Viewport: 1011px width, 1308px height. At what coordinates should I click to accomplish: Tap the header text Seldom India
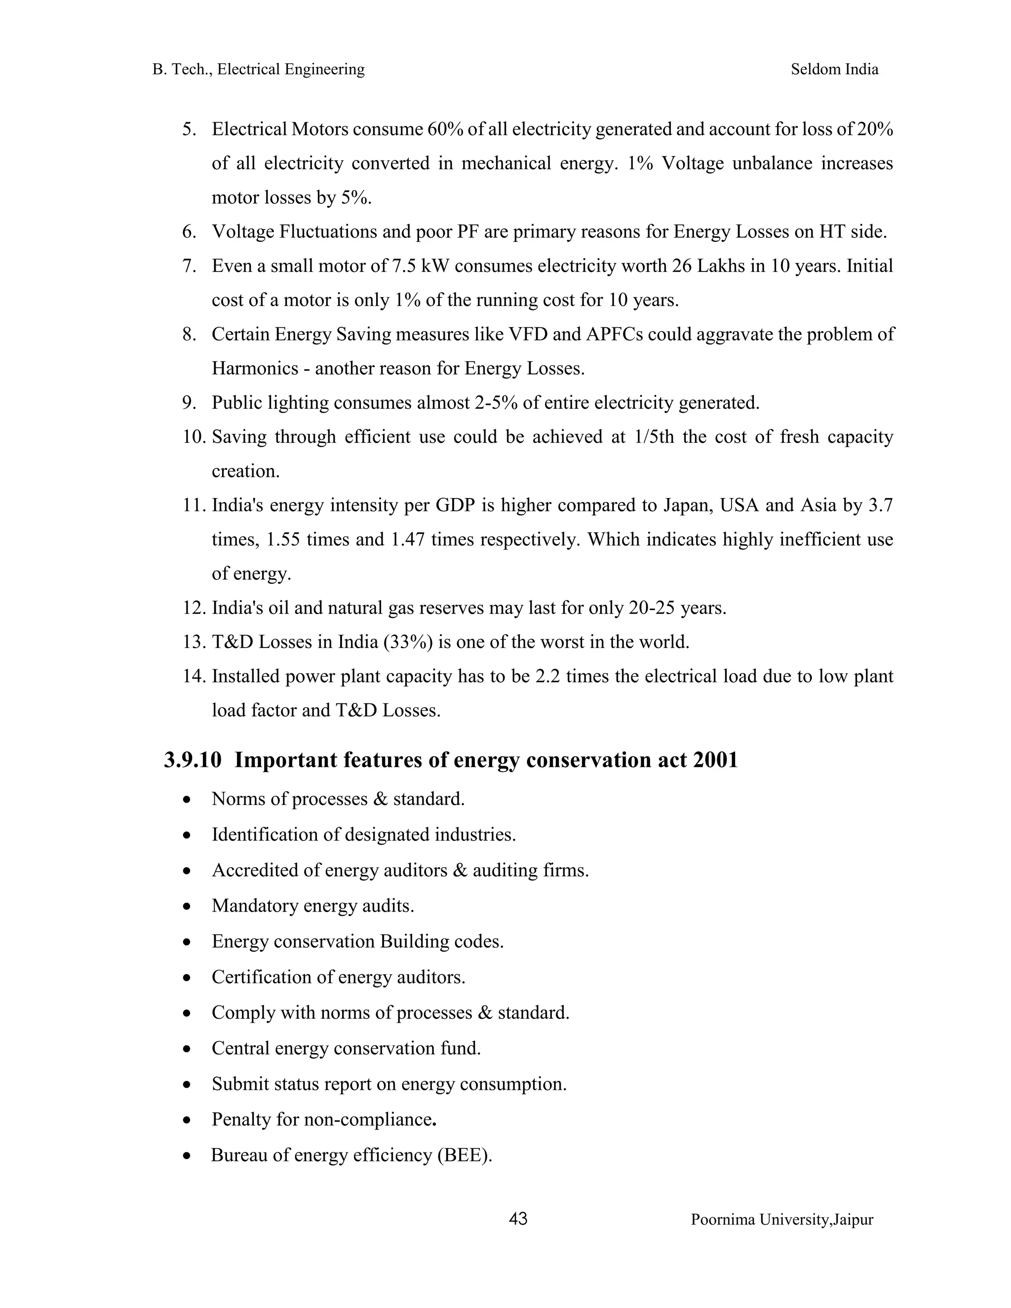point(834,70)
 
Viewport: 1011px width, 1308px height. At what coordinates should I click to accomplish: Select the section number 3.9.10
point(192,760)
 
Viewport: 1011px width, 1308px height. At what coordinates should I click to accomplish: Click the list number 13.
point(194,642)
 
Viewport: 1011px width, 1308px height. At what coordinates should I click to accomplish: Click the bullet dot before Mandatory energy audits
point(188,907)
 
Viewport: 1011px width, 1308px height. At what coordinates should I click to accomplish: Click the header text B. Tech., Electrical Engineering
point(258,70)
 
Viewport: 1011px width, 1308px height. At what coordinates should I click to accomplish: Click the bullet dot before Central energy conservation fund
point(188,1049)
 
